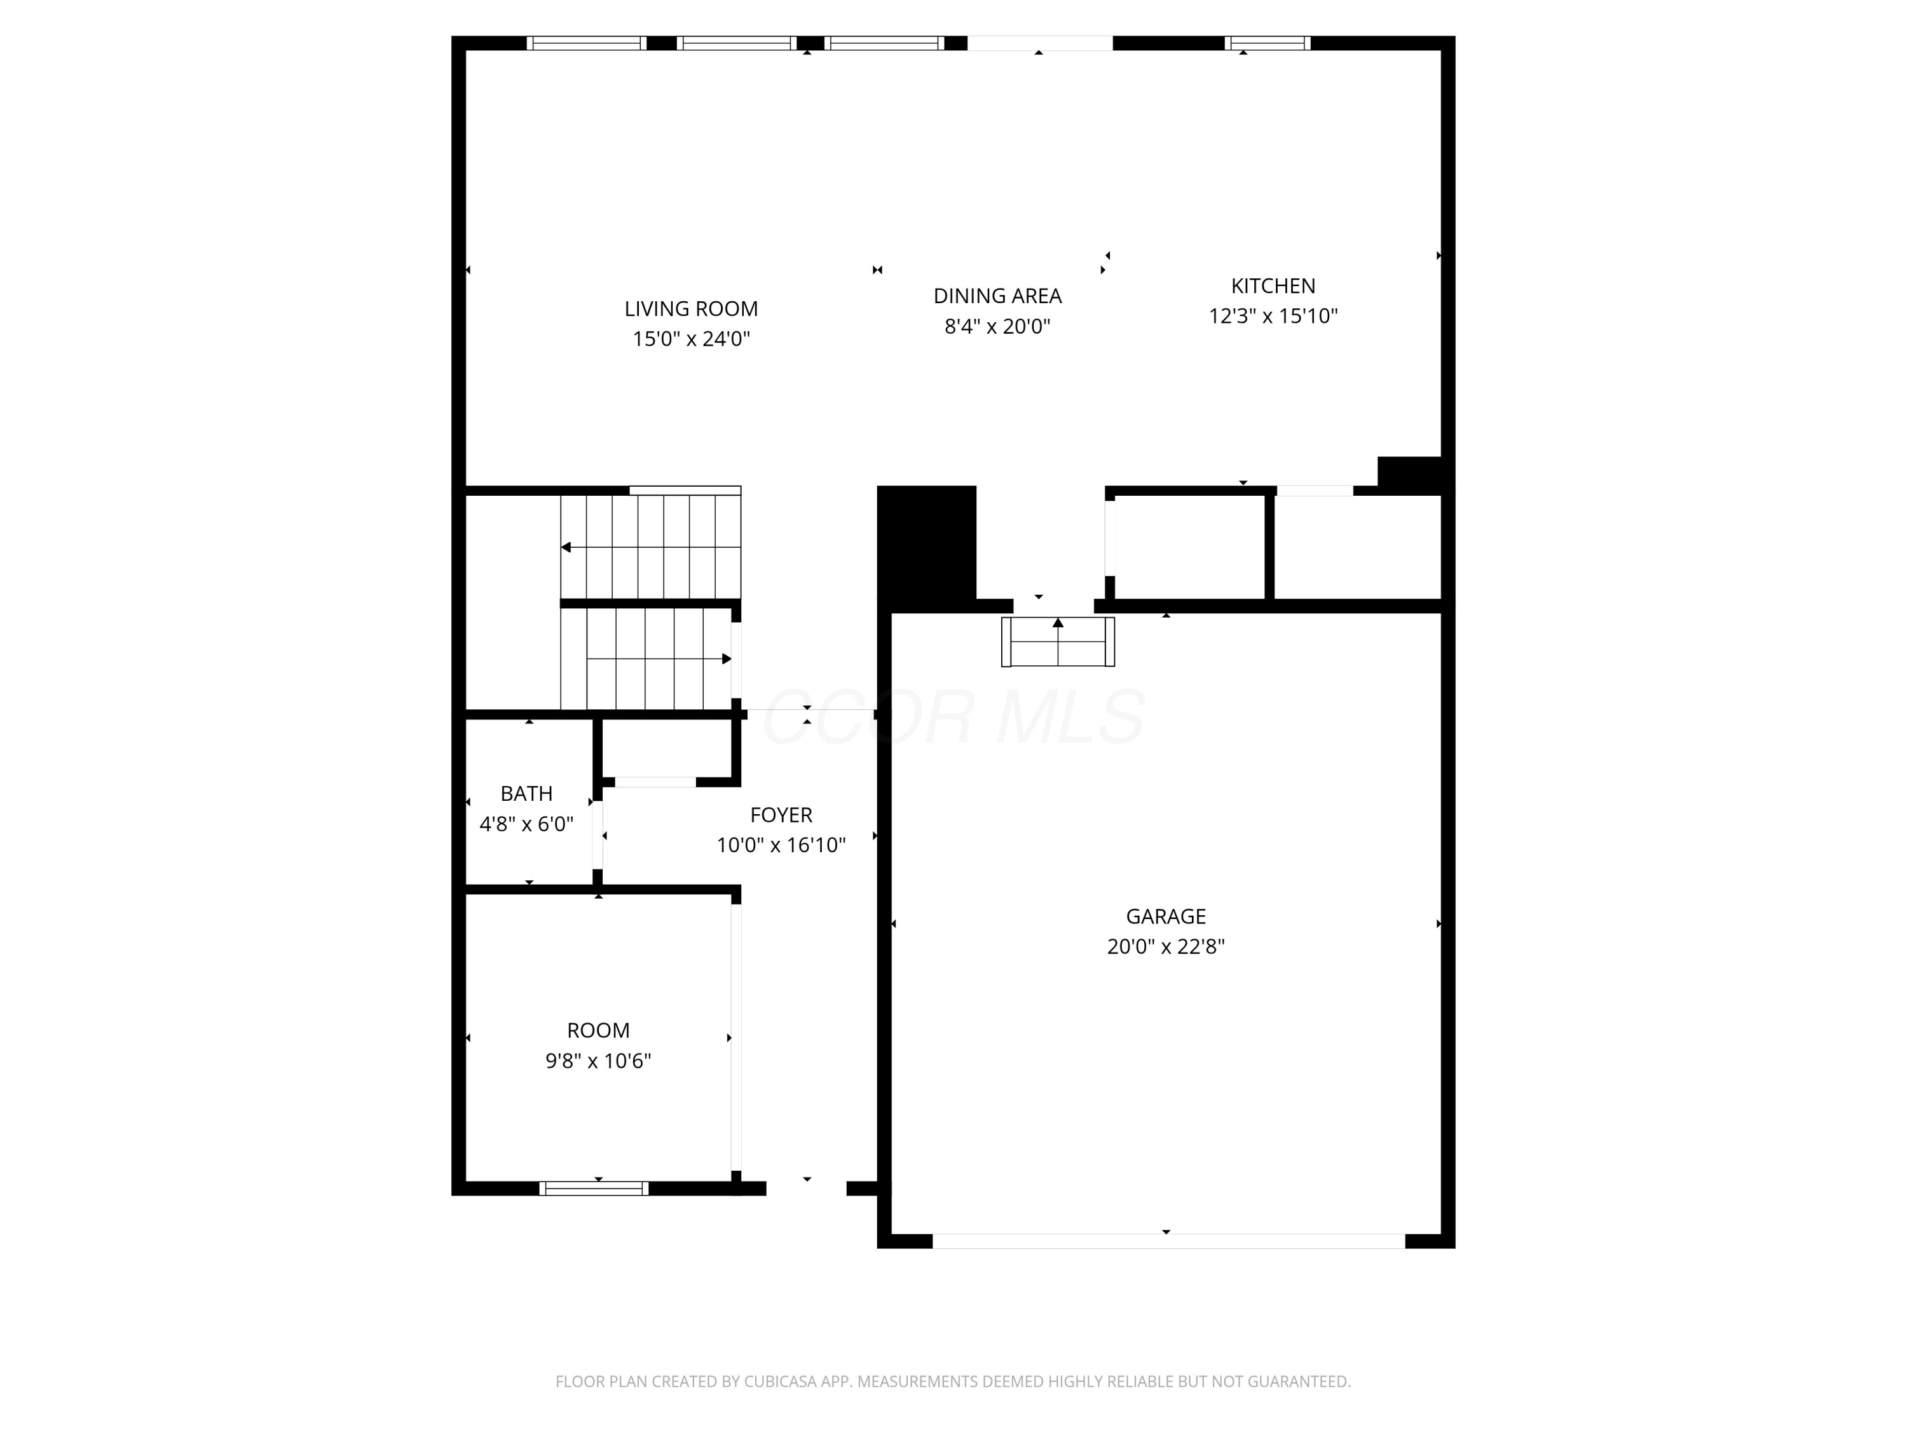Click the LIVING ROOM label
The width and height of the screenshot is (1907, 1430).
pyautogui.click(x=692, y=309)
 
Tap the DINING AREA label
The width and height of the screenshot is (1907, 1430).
pyautogui.click(x=997, y=296)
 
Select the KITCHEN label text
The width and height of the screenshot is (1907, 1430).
pyautogui.click(x=1273, y=285)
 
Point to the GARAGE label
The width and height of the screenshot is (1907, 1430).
pyautogui.click(x=1166, y=916)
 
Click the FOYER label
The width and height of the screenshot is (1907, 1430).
pyautogui.click(x=781, y=815)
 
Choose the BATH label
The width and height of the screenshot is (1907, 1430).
pyautogui.click(x=527, y=793)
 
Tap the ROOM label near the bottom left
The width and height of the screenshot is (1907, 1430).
pyautogui.click(x=598, y=1030)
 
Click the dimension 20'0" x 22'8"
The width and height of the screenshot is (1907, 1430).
pyautogui.click(x=1166, y=946)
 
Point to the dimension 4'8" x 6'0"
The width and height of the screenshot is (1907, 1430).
pyautogui.click(x=527, y=824)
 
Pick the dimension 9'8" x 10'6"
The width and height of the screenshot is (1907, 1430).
pyautogui.click(x=598, y=1060)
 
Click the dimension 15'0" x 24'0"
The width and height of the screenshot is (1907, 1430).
pyautogui.click(x=692, y=339)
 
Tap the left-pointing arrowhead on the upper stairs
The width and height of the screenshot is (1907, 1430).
pyautogui.click(x=566, y=547)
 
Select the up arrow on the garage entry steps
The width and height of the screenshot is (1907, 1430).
pyautogui.click(x=1058, y=622)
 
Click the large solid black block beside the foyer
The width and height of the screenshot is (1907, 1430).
pyautogui.click(x=927, y=548)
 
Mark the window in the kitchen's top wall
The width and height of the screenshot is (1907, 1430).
pyautogui.click(x=1268, y=43)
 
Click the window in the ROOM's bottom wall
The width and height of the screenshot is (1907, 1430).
pyautogui.click(x=594, y=1188)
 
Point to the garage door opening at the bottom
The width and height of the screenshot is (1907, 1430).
pyautogui.click(x=1169, y=1241)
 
